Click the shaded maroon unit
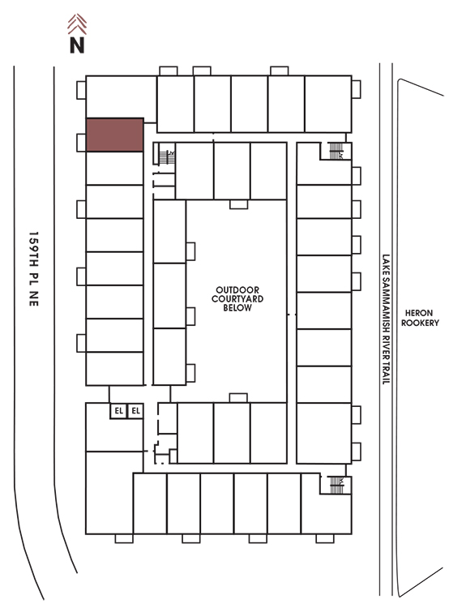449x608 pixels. point(115,135)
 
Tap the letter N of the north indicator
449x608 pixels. point(77,45)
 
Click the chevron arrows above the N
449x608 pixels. point(77,24)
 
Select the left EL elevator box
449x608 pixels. point(118,411)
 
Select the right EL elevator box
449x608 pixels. point(135,411)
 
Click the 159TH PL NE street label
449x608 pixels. point(34,269)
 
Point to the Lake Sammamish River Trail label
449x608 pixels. point(386,319)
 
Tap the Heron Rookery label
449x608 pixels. point(420,318)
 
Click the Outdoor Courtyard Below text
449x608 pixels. point(237,299)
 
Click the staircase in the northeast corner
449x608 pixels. point(336,151)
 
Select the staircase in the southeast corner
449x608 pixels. point(336,485)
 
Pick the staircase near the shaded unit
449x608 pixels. point(167,157)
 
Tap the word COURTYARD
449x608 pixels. point(237,299)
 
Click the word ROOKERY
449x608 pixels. point(420,323)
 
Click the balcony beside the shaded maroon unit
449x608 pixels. point(81,143)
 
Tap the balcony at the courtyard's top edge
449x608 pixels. point(238,204)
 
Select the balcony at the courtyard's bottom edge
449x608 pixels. point(238,398)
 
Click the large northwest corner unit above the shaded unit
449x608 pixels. point(121,97)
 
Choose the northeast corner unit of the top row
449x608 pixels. point(328,104)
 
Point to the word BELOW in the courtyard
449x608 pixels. point(237,308)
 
